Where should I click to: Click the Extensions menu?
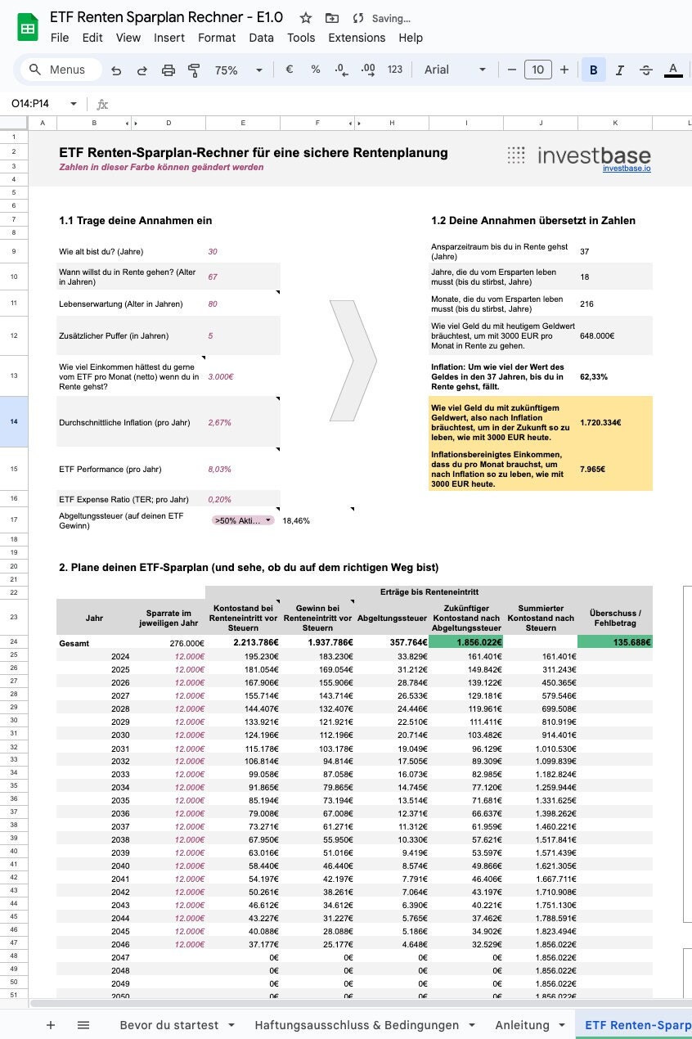(x=357, y=38)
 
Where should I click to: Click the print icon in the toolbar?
(x=169, y=70)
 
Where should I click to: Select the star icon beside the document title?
(x=305, y=18)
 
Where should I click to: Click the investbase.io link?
(x=627, y=168)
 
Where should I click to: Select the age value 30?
(x=213, y=252)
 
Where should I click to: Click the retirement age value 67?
(x=213, y=277)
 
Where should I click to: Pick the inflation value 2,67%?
(x=220, y=423)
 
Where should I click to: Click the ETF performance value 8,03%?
(x=220, y=470)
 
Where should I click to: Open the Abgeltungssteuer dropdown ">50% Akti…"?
(x=243, y=520)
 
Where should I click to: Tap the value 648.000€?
(x=597, y=335)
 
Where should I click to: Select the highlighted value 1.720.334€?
(x=600, y=423)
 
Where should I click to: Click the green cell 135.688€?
(x=614, y=643)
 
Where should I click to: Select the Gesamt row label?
(x=74, y=643)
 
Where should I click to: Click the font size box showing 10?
(x=537, y=70)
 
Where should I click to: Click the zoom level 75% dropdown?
(x=237, y=70)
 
